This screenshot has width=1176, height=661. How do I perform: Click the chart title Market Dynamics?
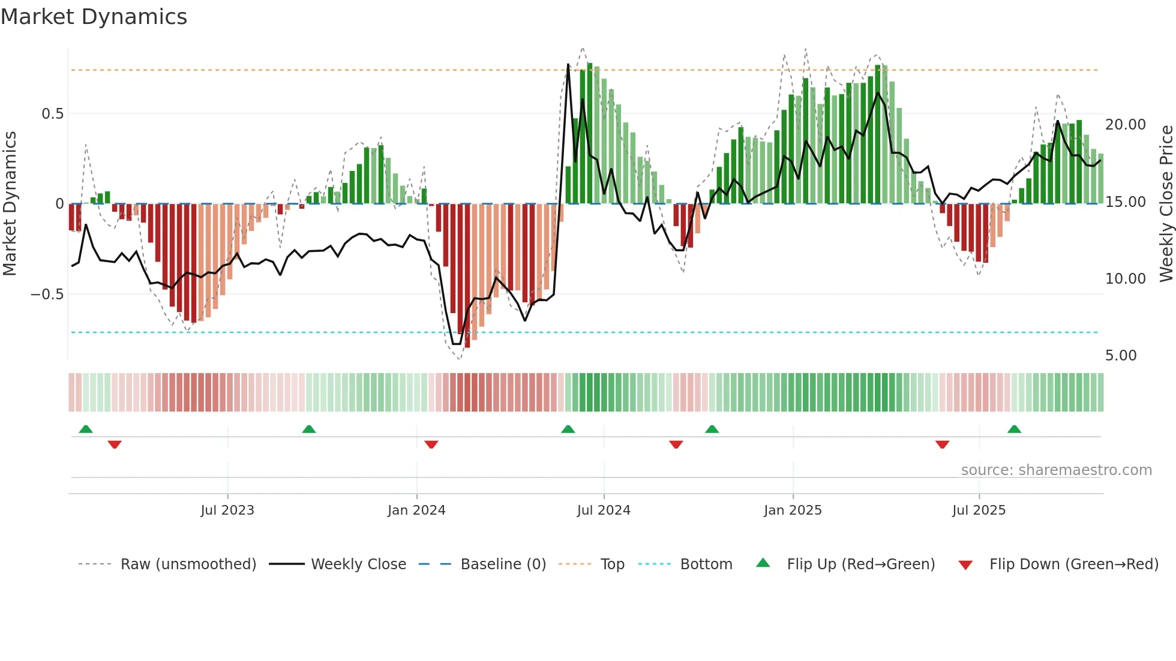click(94, 17)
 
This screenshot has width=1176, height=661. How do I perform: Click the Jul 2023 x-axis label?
click(227, 510)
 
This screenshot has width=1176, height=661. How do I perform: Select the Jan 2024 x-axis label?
click(416, 510)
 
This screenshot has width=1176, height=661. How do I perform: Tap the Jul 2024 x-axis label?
click(604, 510)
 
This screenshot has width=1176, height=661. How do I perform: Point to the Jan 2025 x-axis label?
click(793, 510)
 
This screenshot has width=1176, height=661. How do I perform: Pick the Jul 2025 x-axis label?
click(979, 510)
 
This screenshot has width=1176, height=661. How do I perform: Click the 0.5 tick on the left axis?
click(52, 114)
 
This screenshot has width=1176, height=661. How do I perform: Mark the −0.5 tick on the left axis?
click(47, 295)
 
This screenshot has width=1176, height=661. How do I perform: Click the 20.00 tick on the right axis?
click(1126, 125)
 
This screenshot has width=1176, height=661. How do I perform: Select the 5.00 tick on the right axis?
click(1121, 356)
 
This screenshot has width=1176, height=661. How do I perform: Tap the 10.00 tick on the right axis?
click(1126, 279)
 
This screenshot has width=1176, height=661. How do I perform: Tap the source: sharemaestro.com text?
click(1056, 470)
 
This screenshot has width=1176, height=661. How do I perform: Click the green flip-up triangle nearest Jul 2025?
click(1014, 429)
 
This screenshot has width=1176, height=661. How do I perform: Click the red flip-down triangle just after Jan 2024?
click(431, 444)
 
